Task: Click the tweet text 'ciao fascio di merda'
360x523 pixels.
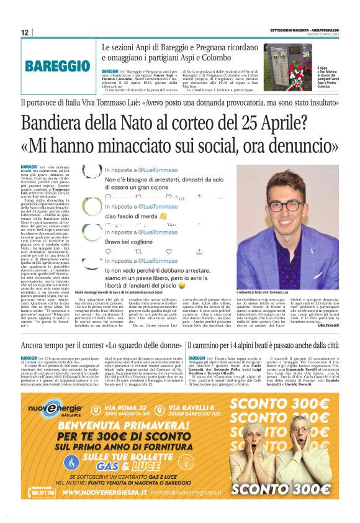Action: click(136, 216)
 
